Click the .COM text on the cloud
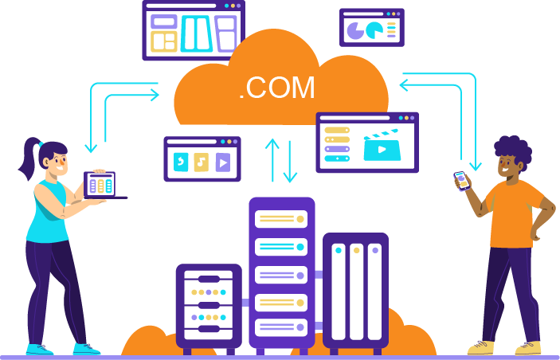(276, 88)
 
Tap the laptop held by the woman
(104, 186)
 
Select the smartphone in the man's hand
(462, 181)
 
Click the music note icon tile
(201, 162)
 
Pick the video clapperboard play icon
(382, 146)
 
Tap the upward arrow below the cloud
(272, 160)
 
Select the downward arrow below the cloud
(290, 162)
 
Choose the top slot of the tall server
(281, 219)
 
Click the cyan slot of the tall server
(281, 247)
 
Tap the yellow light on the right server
(356, 250)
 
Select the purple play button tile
(223, 162)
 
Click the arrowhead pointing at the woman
(91, 147)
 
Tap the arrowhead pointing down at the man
(476, 166)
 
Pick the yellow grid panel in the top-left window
(164, 41)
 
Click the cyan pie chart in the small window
(374, 30)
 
